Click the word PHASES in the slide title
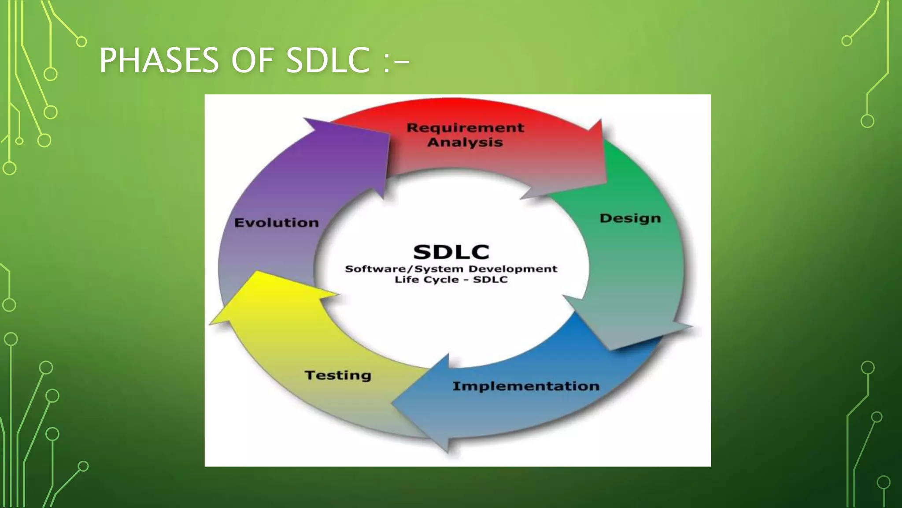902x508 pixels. point(159,60)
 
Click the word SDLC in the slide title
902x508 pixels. point(328,60)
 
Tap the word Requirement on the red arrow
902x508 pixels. point(465,128)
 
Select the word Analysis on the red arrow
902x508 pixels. point(465,142)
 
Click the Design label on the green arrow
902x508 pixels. point(630,218)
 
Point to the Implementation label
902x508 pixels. point(526,386)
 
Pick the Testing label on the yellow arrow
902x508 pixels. point(338,375)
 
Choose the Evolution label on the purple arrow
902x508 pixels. point(277,223)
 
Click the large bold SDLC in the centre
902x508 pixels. point(451,252)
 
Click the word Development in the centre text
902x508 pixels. point(513,269)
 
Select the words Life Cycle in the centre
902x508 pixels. point(426,280)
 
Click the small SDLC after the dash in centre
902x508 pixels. point(490,280)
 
